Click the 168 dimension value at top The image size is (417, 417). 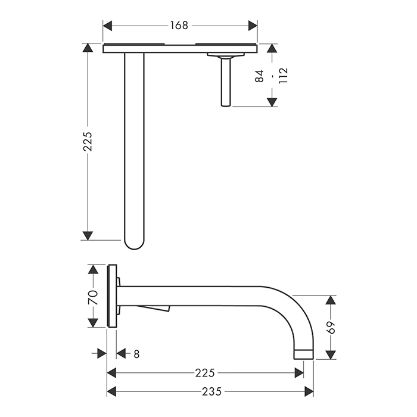click(179, 26)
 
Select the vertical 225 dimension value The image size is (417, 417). click(88, 142)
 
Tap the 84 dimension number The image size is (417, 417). click(259, 76)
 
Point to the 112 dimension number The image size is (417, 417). click(283, 76)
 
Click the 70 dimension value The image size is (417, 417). click(93, 298)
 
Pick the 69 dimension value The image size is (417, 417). click(331, 328)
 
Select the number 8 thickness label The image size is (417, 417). click(136, 354)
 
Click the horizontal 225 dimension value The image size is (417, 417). click(205, 373)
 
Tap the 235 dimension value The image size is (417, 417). click(211, 391)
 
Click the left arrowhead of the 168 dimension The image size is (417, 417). click(107, 26)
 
